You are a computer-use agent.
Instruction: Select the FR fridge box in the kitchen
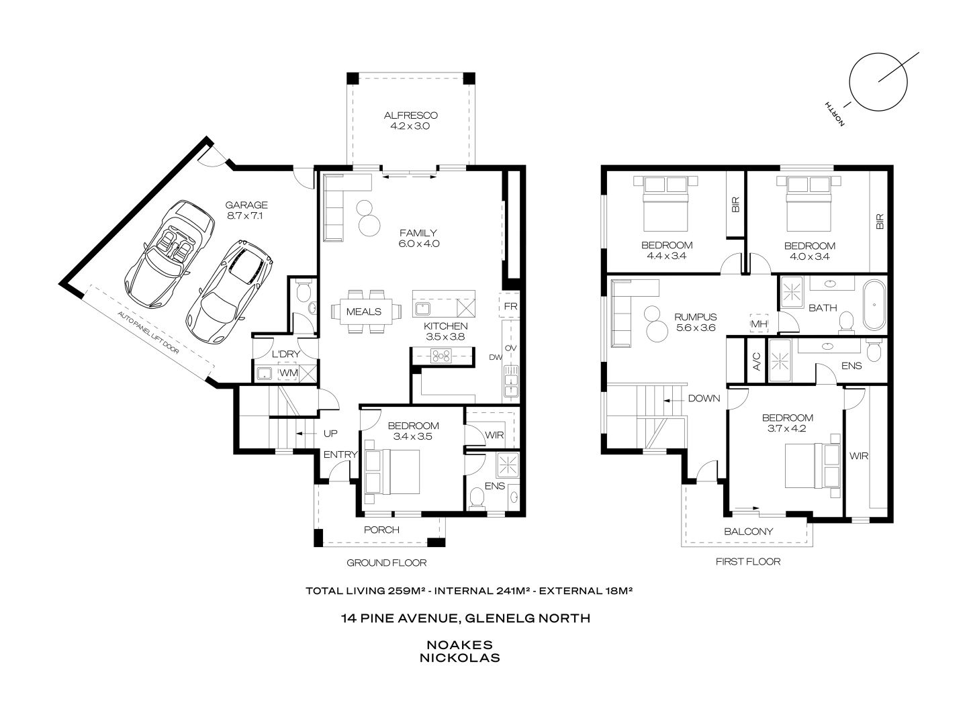510,307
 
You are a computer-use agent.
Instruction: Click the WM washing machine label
288,373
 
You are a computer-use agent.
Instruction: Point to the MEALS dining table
365,311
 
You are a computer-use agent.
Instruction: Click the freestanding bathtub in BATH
874,305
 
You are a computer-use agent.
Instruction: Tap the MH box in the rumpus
759,324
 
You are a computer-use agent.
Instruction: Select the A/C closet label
756,361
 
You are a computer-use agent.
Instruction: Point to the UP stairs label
330,434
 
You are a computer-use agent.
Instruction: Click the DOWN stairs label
703,399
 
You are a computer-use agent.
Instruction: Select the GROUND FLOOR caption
386,563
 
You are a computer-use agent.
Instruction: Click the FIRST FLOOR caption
748,561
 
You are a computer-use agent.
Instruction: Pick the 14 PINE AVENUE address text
465,618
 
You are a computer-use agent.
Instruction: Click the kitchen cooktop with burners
443,356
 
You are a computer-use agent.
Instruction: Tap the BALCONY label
748,531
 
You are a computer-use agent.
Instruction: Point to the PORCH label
381,530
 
